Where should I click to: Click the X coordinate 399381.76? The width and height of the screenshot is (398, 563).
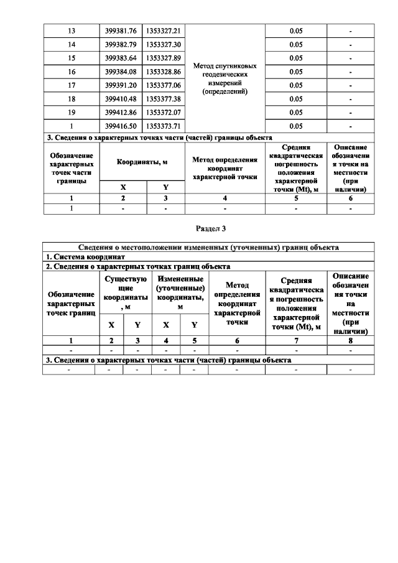[123, 32]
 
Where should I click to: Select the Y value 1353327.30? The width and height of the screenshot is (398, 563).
[163, 45]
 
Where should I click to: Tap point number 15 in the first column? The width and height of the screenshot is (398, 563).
[71, 58]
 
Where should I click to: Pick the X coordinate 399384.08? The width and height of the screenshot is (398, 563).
[123, 72]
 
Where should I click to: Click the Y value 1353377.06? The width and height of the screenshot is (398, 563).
[163, 85]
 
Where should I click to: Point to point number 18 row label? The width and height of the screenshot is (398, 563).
[71, 99]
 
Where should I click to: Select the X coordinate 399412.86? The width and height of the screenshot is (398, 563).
[123, 112]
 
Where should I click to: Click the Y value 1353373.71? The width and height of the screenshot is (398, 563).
[163, 126]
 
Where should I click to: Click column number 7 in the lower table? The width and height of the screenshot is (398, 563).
[295, 340]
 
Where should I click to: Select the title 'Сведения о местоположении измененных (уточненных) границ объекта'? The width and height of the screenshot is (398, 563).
[208, 247]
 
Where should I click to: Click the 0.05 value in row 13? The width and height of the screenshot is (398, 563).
[296, 32]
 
